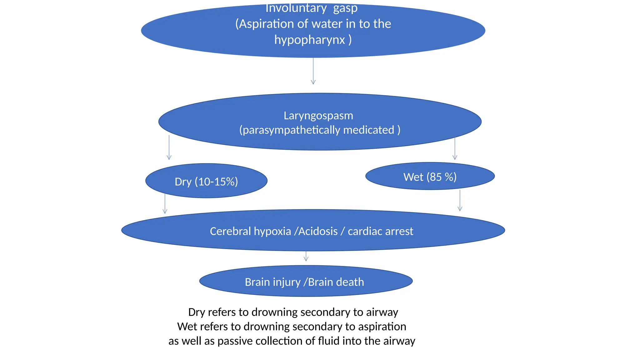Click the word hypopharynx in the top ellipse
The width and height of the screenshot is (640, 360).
309,40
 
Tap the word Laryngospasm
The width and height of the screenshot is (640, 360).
318,116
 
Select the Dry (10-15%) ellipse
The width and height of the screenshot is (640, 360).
206,181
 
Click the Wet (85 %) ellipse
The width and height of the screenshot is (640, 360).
430,177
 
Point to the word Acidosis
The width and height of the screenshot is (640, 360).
318,231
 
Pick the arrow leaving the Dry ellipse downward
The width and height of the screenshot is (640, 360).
165,203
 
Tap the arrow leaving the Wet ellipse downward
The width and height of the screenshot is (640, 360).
460,200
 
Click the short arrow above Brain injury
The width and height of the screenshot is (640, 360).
306,256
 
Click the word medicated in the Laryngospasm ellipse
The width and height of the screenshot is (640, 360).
368,130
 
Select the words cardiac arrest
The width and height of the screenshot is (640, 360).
380,231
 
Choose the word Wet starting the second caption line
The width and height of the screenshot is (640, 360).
186,327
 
